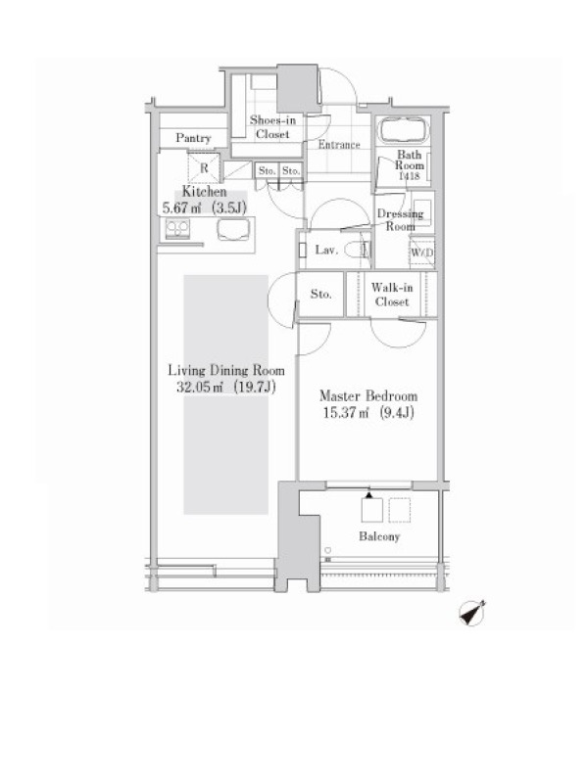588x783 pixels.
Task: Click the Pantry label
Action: coord(193,138)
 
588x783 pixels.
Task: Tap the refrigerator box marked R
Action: coord(204,167)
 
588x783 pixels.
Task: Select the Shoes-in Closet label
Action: coord(272,127)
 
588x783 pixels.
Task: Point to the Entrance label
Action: coord(339,144)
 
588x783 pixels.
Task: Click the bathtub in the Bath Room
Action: coord(404,130)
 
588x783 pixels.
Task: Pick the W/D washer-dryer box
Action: coord(421,253)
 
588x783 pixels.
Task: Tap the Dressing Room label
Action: coord(400,219)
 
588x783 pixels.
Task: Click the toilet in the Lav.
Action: coord(358,250)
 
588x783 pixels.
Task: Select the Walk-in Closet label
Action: coord(392,295)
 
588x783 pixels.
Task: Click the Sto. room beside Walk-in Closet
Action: coord(320,295)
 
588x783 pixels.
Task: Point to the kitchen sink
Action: coord(233,230)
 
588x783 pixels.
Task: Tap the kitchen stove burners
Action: coord(177,229)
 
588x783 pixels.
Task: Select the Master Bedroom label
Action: coord(368,396)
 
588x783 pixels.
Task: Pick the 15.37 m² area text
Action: coord(346,413)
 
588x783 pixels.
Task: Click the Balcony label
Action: coord(379,536)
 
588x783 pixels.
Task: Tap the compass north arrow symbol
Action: coord(472,614)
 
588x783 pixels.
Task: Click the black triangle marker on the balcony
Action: coord(369,495)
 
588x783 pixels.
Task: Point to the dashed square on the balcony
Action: coord(400,510)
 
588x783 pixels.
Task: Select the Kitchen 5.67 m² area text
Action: coord(181,207)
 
